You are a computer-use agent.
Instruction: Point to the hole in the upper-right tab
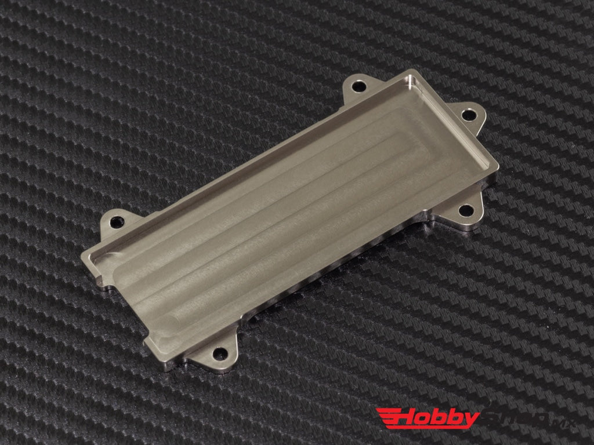pos(467,114)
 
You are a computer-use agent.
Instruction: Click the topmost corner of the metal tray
pos(414,72)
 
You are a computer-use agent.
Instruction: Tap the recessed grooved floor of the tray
pos(278,203)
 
